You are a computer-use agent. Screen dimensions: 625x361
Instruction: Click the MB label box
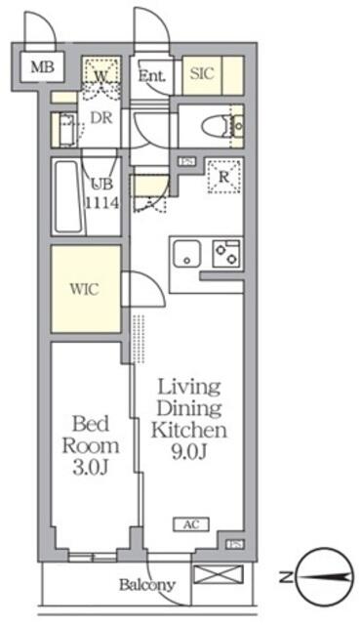coord(40,67)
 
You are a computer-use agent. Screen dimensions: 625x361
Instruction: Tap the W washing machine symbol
coord(101,73)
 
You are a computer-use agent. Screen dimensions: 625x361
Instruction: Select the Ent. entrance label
coord(151,75)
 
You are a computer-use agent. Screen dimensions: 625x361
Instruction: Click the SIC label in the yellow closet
coord(202,73)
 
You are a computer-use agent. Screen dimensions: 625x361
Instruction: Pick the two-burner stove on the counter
coord(225,253)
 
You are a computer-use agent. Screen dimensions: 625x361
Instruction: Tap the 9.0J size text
coord(189,450)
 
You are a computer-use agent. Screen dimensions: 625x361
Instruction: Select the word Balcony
coord(147,586)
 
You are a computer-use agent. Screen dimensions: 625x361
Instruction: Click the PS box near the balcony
coord(233,545)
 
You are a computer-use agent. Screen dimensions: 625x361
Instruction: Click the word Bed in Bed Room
coord(95,423)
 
